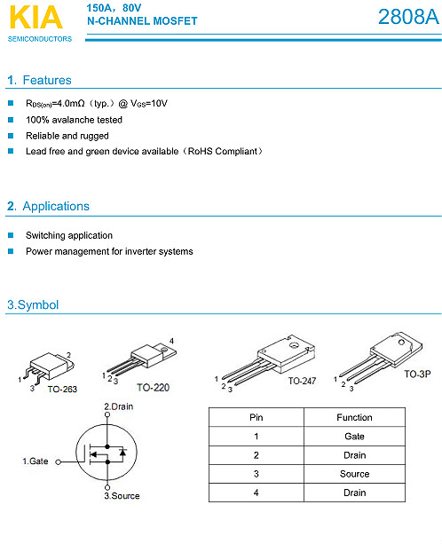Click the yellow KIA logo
pyautogui.click(x=36, y=17)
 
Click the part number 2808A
pyautogui.click(x=408, y=17)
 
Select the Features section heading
pyautogui.click(x=39, y=80)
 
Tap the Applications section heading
pyautogui.click(x=48, y=206)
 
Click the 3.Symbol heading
pyautogui.click(x=33, y=304)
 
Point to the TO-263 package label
pyautogui.click(x=62, y=390)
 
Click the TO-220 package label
pyautogui.click(x=153, y=388)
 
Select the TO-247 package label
pyautogui.click(x=302, y=381)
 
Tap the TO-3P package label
pyautogui.click(x=417, y=374)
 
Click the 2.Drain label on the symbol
pyautogui.click(x=119, y=406)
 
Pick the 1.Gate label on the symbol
pyautogui.click(x=36, y=461)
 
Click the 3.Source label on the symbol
pyautogui.click(x=122, y=496)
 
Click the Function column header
pyautogui.click(x=354, y=417)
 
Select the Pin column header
pyautogui.click(x=256, y=417)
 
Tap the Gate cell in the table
pyautogui.click(x=354, y=436)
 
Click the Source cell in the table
pyautogui.click(x=354, y=474)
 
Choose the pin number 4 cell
pyautogui.click(x=256, y=493)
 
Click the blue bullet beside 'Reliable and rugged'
pyautogui.click(x=11, y=136)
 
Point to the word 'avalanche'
pyautogui.click(x=68, y=120)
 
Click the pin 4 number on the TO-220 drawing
pyautogui.click(x=171, y=342)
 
